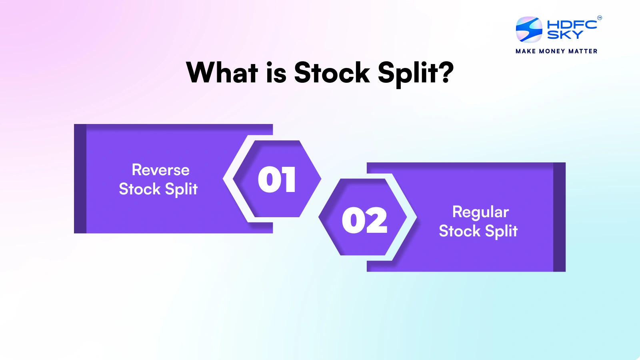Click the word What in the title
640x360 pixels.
click(x=222, y=73)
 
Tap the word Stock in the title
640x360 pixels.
click(x=332, y=73)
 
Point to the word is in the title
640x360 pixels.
click(x=276, y=73)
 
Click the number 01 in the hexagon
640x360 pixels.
click(x=277, y=180)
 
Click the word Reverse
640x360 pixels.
click(x=160, y=170)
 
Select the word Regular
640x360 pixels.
click(x=480, y=212)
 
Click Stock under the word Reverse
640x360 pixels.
click(x=140, y=189)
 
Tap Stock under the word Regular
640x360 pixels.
click(x=460, y=231)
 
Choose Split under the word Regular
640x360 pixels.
click(x=501, y=232)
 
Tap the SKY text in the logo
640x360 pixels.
click(x=565, y=35)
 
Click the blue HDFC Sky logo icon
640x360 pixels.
click(x=529, y=29)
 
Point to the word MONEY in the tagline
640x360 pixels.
click(x=552, y=51)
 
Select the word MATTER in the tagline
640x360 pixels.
click(x=583, y=51)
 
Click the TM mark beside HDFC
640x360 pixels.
click(x=599, y=18)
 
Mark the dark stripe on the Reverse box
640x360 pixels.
click(x=80, y=179)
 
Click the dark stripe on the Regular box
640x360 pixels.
click(x=559, y=217)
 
